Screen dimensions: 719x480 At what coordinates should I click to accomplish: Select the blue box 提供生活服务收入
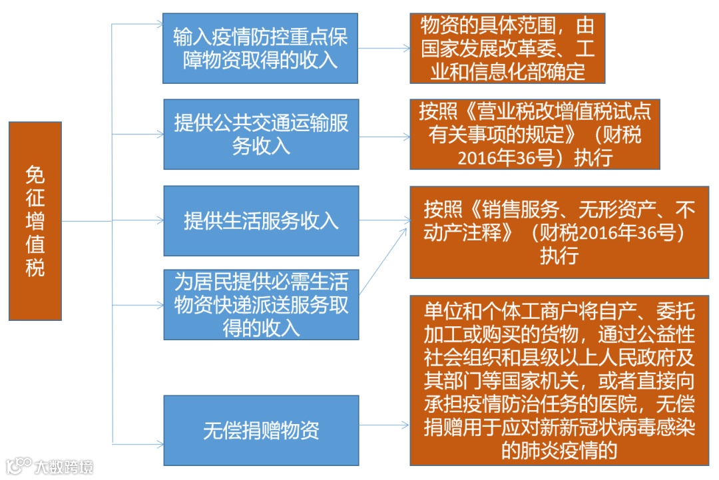(261, 221)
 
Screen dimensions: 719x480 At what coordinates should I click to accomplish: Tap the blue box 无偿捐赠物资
(261, 430)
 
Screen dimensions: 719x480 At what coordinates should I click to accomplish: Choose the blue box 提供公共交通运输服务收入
(261, 134)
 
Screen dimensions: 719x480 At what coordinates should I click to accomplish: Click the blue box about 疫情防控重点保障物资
(261, 48)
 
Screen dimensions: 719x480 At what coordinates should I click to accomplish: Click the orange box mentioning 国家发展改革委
(507, 49)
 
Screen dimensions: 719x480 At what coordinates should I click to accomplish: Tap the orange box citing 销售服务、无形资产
(559, 232)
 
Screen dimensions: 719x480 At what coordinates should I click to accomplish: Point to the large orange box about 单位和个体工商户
(559, 380)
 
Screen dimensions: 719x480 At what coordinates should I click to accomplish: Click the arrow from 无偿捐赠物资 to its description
(383, 425)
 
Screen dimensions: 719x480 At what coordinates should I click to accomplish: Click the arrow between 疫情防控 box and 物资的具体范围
(384, 48)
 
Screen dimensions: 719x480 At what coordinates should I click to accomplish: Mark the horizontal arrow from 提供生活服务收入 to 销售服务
(383, 221)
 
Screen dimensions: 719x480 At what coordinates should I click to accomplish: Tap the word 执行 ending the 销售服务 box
(559, 256)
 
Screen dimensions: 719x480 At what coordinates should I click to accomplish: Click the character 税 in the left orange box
(35, 267)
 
